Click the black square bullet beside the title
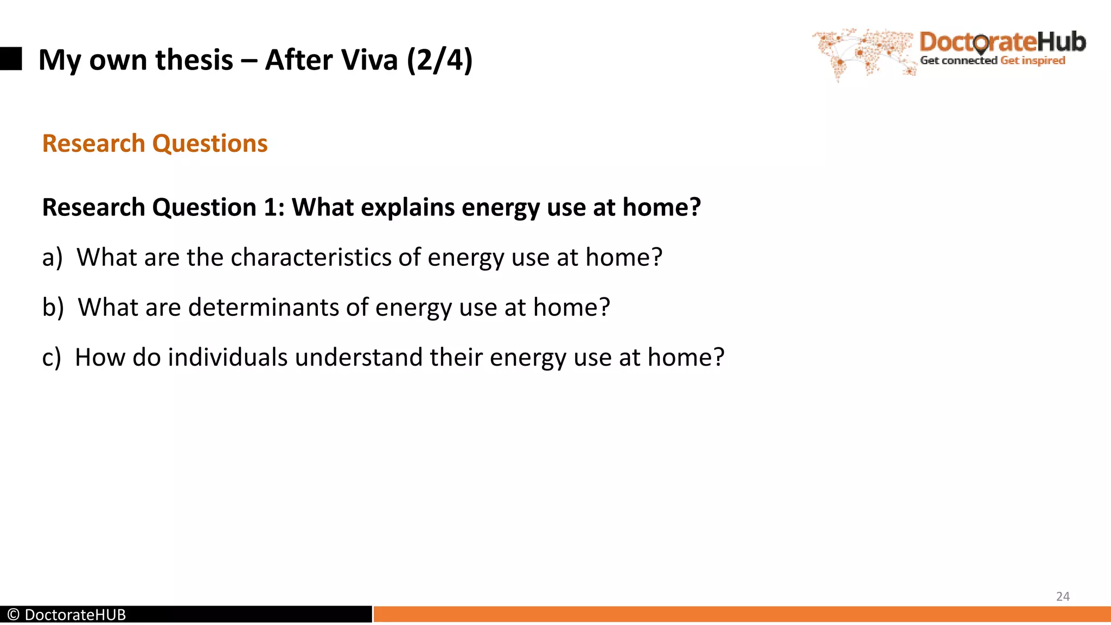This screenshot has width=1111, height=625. click(x=10, y=59)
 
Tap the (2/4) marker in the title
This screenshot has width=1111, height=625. click(x=439, y=60)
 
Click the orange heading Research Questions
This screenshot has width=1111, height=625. click(x=155, y=144)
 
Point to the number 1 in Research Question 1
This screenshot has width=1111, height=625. click(x=270, y=207)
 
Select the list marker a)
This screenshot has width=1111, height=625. click(x=52, y=258)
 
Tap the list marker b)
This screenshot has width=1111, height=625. click(x=53, y=308)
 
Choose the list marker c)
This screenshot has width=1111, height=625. click(x=52, y=358)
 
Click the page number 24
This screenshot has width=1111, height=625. click(x=1063, y=596)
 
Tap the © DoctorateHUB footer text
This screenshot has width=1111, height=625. click(x=67, y=615)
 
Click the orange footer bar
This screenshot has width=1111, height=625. click(x=742, y=614)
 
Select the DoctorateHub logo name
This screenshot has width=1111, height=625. click(x=1003, y=42)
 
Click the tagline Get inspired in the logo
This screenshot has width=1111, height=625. click(x=1032, y=61)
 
